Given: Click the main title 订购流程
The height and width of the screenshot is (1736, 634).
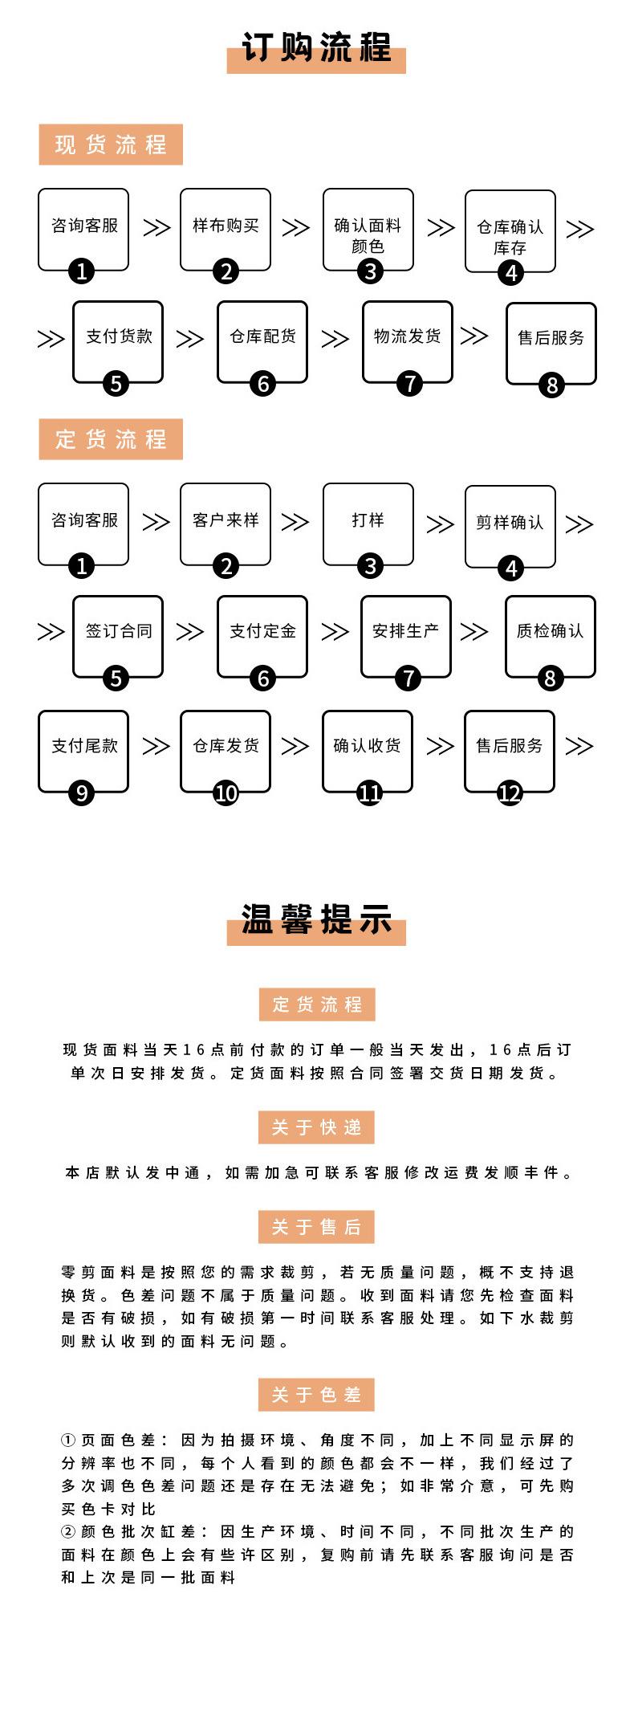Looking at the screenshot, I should pyautogui.click(x=316, y=49).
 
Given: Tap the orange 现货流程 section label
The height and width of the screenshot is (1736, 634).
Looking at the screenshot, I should pyautogui.click(x=111, y=145).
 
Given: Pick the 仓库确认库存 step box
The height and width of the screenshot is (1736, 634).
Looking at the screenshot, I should pyautogui.click(x=510, y=234).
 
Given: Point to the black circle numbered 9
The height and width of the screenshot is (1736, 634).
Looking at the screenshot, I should pyautogui.click(x=81, y=793).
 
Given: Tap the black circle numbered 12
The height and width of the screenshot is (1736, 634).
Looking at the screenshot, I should pyautogui.click(x=510, y=793).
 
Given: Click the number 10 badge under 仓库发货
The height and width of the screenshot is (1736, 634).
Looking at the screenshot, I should pyautogui.click(x=226, y=793).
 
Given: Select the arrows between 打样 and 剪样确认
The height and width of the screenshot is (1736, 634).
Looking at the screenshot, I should pyautogui.click(x=440, y=524).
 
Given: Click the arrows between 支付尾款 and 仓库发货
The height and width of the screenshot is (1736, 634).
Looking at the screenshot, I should pyautogui.click(x=156, y=746).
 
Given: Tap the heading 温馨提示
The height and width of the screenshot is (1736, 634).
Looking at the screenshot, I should pyautogui.click(x=316, y=919).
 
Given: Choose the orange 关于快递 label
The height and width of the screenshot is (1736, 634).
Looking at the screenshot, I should pyautogui.click(x=316, y=1127).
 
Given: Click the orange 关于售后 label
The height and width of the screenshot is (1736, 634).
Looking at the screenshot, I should pyautogui.click(x=316, y=1227).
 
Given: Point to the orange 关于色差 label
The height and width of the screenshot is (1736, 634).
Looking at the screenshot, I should pyautogui.click(x=316, y=1395).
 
